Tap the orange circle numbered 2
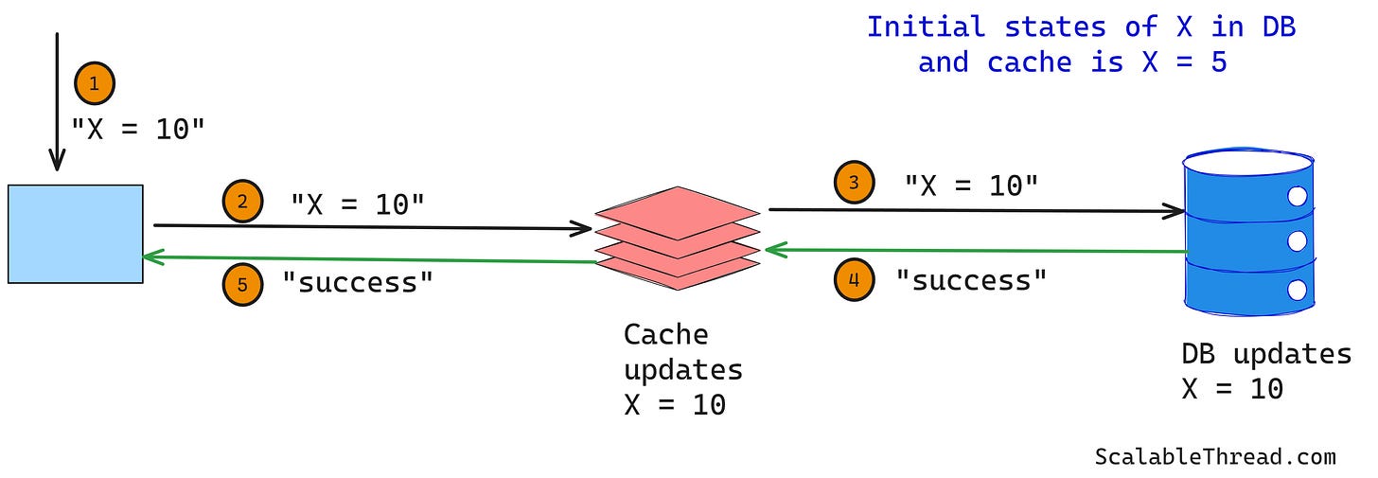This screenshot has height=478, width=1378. pyautogui.click(x=242, y=202)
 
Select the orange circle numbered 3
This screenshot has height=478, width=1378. pyautogui.click(x=854, y=184)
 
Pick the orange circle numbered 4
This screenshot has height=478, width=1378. pyautogui.click(x=854, y=280)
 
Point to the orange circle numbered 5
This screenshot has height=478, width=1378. pyautogui.click(x=242, y=285)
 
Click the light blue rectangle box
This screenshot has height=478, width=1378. pyautogui.click(x=76, y=234)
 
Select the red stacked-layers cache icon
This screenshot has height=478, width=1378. pyautogui.click(x=678, y=238)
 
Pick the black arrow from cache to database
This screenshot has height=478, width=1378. pyautogui.click(x=975, y=210)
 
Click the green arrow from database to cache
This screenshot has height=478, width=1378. pyautogui.click(x=975, y=251)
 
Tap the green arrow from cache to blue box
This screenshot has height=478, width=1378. pyautogui.click(x=369, y=258)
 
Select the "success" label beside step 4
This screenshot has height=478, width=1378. pyautogui.click(x=971, y=279)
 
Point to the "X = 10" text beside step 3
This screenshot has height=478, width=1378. pyautogui.click(x=971, y=186)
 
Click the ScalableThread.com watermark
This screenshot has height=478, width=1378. pyautogui.click(x=1214, y=456)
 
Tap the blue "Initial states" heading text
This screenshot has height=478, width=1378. pyautogui.click(x=1081, y=44)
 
